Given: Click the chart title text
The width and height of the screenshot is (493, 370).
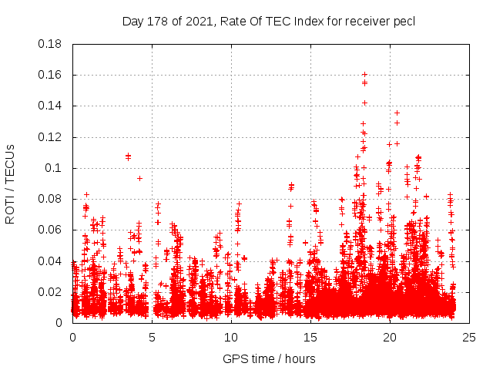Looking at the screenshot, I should tap(269, 21).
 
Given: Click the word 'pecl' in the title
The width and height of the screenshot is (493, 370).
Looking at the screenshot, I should tap(404, 21).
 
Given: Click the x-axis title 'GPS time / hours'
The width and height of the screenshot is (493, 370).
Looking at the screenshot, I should tap(269, 358).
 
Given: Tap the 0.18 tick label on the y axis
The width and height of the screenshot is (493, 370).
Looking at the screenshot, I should tap(50, 44).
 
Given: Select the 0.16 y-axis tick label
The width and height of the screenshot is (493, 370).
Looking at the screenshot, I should tap(50, 75).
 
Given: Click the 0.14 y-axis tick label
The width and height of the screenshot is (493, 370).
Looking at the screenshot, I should tap(50, 106).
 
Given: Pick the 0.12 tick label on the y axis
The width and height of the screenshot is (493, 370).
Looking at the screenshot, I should tap(50, 137).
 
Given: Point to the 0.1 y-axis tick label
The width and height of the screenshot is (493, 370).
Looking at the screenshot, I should tap(54, 168).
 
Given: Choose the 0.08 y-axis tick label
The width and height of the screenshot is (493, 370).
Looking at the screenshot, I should tap(50, 199).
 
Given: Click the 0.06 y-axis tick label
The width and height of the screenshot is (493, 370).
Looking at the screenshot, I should tap(50, 230).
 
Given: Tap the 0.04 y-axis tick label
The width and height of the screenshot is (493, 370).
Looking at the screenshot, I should tap(50, 261).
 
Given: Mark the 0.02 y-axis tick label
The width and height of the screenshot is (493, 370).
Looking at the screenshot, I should tap(50, 291).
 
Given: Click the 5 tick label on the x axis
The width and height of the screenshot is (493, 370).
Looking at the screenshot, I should tap(152, 337).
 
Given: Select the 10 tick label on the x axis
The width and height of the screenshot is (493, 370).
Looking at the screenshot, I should tap(231, 337).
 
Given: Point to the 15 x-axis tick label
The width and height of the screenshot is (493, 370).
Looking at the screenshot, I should tap(310, 337).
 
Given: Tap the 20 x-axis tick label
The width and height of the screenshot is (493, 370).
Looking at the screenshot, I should tap(390, 337).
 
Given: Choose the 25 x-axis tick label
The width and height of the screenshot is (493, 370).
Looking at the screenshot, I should tap(469, 337).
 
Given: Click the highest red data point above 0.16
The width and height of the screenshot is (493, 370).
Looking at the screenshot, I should tap(364, 74).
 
